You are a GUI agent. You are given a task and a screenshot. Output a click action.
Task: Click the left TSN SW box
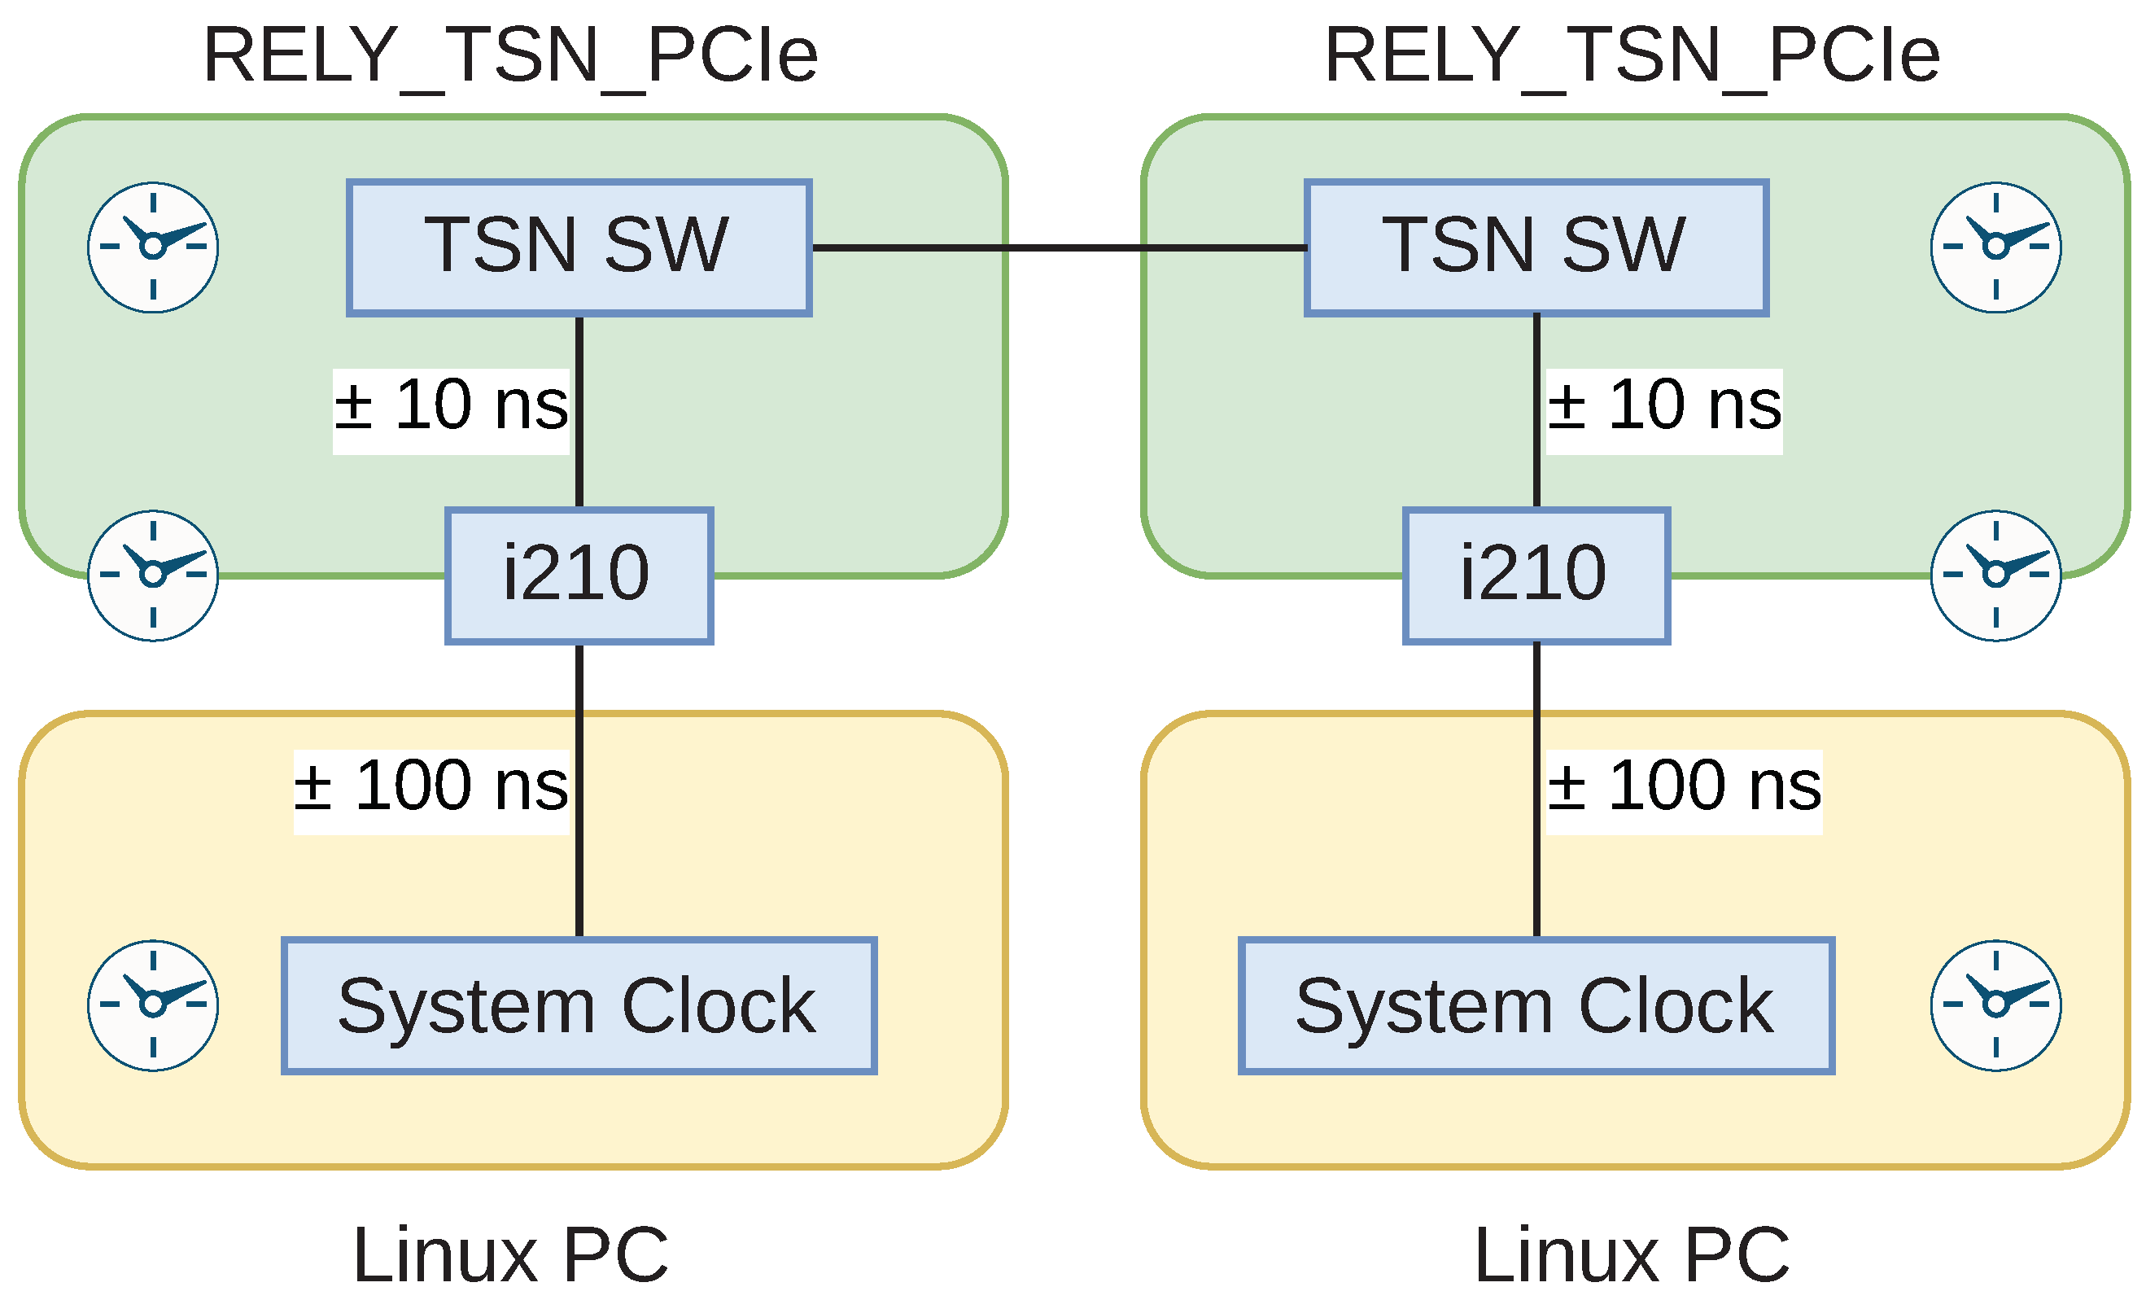coord(579,247)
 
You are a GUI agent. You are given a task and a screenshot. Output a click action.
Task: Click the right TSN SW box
coord(1536,247)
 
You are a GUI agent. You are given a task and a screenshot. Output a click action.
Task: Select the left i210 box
coord(579,576)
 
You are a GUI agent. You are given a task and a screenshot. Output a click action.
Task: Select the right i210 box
coord(1536,576)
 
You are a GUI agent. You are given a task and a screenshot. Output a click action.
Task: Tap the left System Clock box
coord(579,1005)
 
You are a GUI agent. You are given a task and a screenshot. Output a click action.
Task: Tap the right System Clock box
coord(1536,1005)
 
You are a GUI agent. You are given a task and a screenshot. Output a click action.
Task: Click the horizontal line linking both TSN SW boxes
coord(1058,248)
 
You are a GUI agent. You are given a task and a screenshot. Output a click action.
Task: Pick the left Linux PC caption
coord(510,1254)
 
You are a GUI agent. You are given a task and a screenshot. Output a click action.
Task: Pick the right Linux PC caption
coord(1632,1254)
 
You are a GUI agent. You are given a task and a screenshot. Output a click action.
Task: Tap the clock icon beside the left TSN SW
coord(153,247)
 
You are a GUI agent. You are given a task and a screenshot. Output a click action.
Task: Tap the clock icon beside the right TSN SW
coord(1995,247)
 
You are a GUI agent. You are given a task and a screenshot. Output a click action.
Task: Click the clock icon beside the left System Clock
coord(153,1005)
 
